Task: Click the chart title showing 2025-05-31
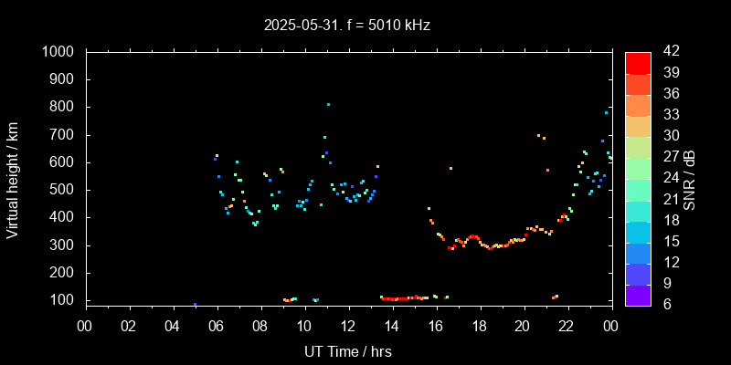click(345, 25)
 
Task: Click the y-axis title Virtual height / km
click(13, 177)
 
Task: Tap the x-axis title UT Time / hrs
click(348, 350)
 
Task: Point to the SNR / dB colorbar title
click(690, 179)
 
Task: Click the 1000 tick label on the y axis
click(59, 52)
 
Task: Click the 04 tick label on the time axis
click(173, 325)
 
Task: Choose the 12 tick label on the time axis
click(348, 325)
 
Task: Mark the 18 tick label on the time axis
click(479, 325)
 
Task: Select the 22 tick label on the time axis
click(567, 325)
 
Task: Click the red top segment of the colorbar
click(638, 62)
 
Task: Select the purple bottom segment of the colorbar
click(638, 294)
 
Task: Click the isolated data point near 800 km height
click(328, 104)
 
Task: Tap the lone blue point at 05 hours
click(195, 304)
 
